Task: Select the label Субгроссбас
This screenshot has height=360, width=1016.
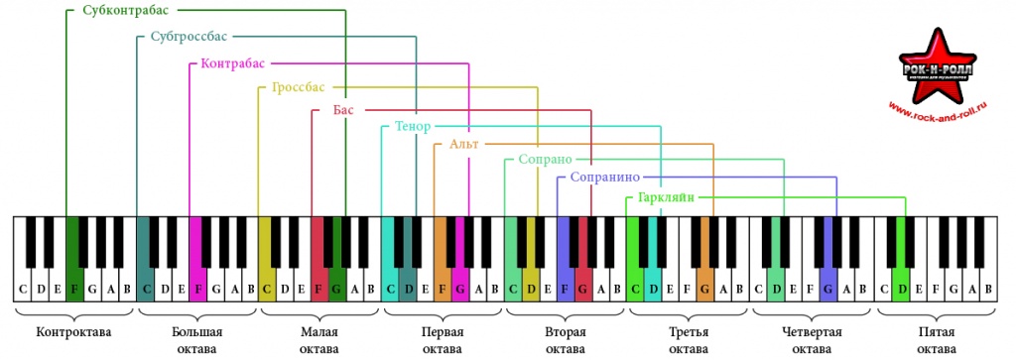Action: pos(190,37)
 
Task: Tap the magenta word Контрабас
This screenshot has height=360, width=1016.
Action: pos(233,63)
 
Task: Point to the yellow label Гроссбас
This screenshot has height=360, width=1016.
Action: pos(299,86)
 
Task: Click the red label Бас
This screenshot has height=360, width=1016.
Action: pos(343,109)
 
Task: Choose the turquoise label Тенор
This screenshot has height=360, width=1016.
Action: pos(413,126)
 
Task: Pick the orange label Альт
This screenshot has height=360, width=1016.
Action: pos(464,144)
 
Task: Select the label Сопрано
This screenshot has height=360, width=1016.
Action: pos(546,160)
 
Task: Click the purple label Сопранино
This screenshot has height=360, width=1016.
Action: pos(606,177)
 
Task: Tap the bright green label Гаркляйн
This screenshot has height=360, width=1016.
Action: pos(666,197)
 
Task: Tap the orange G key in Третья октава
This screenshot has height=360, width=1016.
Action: pos(704,272)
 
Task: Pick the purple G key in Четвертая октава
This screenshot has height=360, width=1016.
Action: pos(827,272)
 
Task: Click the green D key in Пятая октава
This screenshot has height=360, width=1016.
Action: pos(901,272)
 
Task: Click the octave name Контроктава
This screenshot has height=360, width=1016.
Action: pos(73,333)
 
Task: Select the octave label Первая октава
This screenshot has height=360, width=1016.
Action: pos(443,340)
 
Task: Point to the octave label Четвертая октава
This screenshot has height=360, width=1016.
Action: pos(812,340)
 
